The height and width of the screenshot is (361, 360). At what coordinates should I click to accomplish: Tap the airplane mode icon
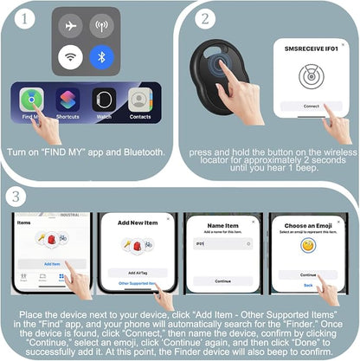point(71,26)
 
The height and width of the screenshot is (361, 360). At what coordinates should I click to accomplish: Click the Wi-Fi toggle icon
point(71,57)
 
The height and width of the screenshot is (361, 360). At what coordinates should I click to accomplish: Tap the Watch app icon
point(104,100)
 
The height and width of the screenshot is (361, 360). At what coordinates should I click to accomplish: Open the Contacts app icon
point(139,100)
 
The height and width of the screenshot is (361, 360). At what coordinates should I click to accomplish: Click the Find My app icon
point(32,100)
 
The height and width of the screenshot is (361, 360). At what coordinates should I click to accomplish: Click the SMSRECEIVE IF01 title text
point(306,49)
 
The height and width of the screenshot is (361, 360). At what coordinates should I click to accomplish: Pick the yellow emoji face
point(307,245)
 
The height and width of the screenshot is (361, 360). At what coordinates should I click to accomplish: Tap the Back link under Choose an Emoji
point(307,284)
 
